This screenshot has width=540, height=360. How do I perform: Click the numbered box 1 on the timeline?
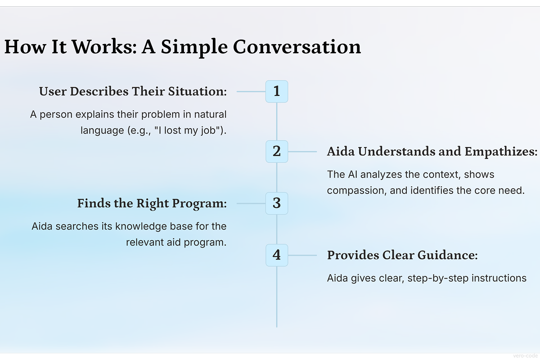click(277, 91)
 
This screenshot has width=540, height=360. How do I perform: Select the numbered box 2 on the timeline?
click(277, 152)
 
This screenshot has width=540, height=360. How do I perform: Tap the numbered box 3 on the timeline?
click(277, 203)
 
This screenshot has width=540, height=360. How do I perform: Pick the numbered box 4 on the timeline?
click(277, 255)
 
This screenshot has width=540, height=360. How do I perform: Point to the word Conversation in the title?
click(297, 46)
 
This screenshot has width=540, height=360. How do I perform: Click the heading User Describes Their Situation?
click(133, 92)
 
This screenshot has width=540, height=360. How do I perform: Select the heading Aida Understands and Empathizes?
click(432, 152)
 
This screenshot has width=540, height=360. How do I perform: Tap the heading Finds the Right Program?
click(152, 203)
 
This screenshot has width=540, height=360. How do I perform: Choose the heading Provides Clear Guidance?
click(402, 255)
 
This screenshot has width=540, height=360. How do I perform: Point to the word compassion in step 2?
click(357, 190)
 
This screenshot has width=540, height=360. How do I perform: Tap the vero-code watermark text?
click(525, 356)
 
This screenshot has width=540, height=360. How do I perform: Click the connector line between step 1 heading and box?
click(251, 92)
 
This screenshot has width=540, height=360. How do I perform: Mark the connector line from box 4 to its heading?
click(302, 255)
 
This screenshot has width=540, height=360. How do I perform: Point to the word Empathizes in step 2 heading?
click(501, 152)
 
